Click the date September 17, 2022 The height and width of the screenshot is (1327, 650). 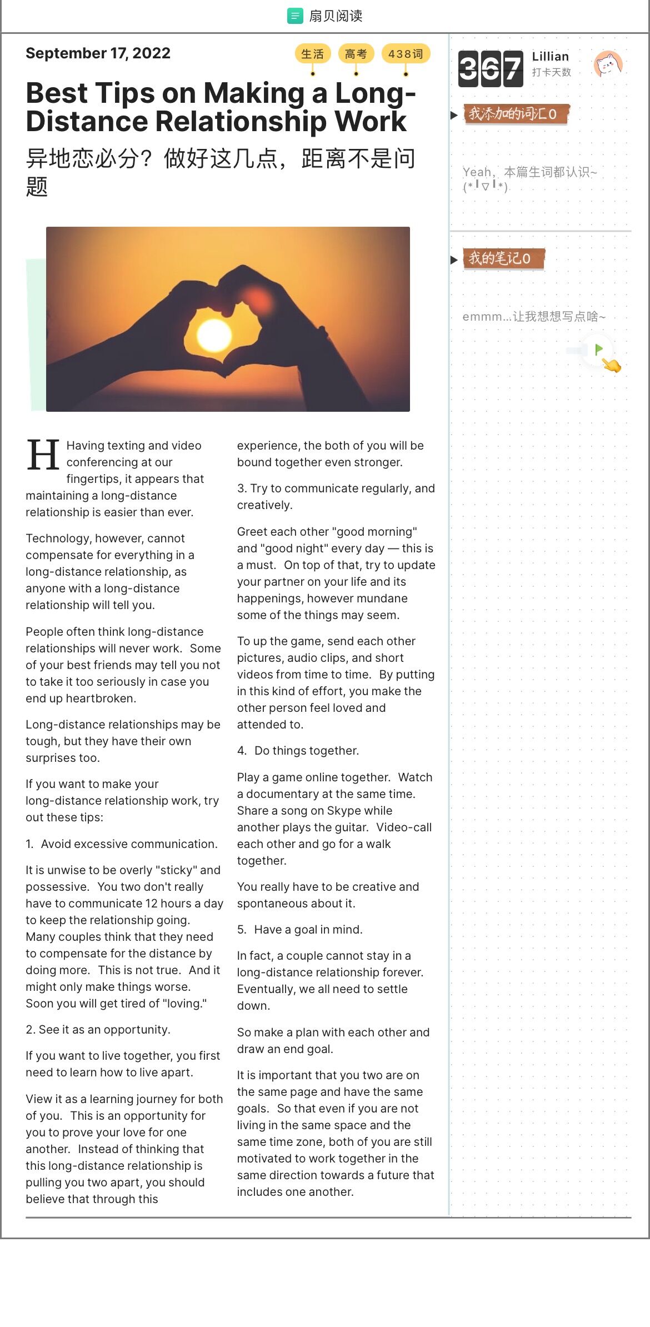point(98,53)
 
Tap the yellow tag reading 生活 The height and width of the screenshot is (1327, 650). point(312,54)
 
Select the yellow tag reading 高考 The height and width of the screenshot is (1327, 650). point(356,54)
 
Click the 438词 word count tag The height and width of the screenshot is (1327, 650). point(406,54)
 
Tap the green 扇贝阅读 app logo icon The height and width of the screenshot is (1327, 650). point(294,16)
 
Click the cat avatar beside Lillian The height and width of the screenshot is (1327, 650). point(608,64)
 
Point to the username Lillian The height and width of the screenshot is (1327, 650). point(550,56)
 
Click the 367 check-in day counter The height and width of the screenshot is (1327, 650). point(491,69)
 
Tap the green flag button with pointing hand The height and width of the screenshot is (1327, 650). point(599,351)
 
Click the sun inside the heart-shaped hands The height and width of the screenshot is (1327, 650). point(214,336)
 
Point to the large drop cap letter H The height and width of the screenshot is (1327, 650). point(43,455)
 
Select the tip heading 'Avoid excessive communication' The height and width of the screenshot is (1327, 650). point(129,844)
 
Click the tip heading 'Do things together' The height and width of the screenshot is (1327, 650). point(306,751)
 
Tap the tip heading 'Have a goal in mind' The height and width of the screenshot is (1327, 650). point(308,930)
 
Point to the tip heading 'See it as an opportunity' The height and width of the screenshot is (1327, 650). point(104,1030)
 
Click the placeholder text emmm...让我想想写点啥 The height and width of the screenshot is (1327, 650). point(533,317)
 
